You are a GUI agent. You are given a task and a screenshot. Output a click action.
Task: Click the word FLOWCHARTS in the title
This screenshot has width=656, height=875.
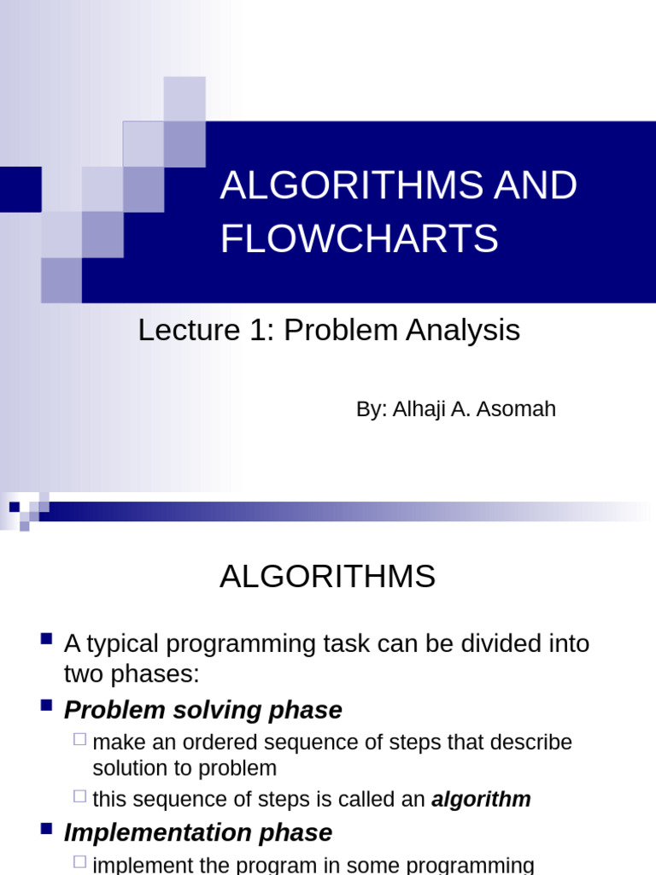pyautogui.click(x=360, y=238)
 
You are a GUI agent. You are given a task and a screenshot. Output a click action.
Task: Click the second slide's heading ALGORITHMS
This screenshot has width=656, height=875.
pyautogui.click(x=327, y=577)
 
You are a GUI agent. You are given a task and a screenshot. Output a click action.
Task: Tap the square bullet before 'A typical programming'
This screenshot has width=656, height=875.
pyautogui.click(x=47, y=638)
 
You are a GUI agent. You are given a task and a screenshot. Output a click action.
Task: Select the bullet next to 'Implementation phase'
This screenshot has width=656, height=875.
pyautogui.click(x=47, y=828)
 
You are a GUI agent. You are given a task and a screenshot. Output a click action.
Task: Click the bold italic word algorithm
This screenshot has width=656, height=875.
pyautogui.click(x=481, y=800)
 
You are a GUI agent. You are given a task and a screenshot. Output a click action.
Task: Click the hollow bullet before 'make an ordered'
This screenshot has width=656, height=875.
pyautogui.click(x=80, y=739)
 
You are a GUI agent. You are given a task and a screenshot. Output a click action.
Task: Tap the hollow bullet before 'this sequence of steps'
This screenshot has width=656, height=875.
pyautogui.click(x=80, y=796)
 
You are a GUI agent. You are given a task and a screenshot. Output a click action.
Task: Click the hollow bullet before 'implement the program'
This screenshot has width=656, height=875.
pyautogui.click(x=80, y=861)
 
